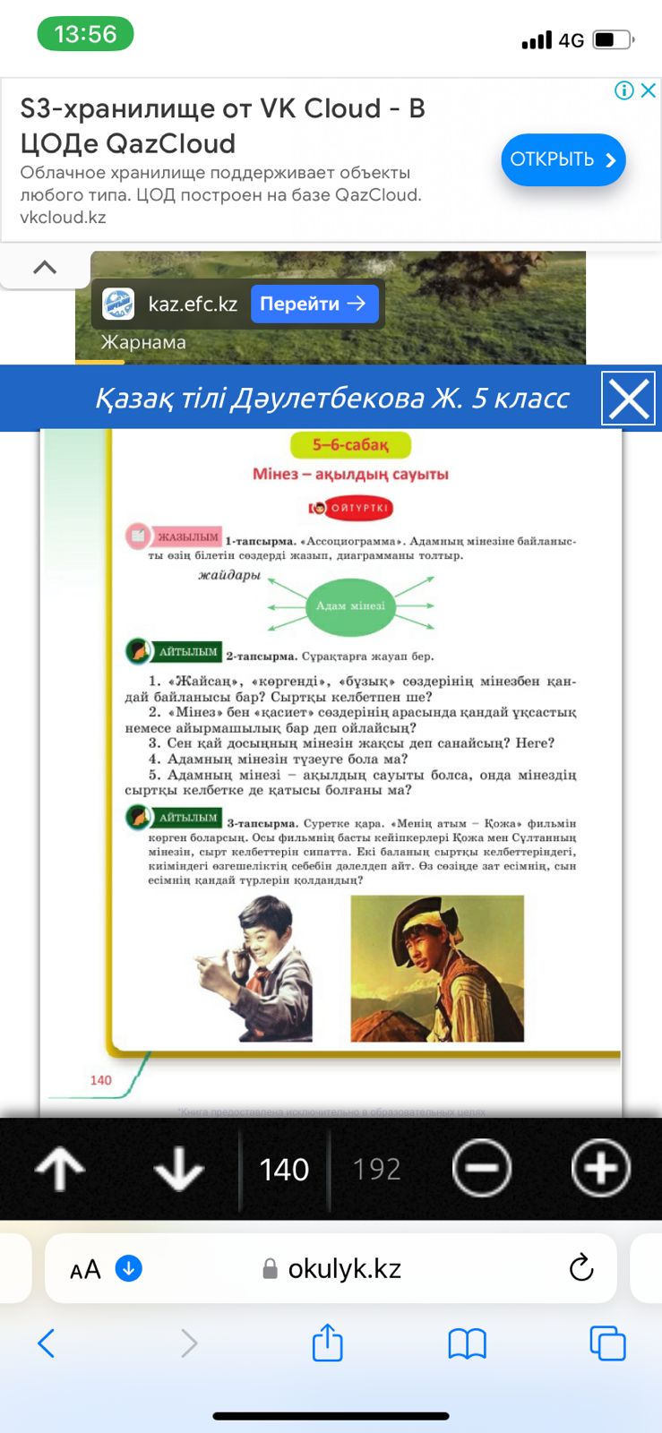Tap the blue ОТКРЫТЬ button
point(563,159)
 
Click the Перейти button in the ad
point(313,304)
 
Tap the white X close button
point(629,399)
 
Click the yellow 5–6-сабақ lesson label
point(350,445)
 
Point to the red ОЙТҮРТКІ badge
point(351,508)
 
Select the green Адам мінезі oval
point(350,605)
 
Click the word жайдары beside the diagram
point(229,575)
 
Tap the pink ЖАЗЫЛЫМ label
point(186,537)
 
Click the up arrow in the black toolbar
point(60,1169)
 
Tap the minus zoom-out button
point(482,1168)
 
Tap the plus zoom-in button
point(600,1168)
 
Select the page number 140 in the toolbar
point(284,1169)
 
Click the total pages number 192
point(376,1169)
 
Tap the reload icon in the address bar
point(581,1267)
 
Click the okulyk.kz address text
point(344,1268)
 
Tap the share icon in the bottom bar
point(327,1343)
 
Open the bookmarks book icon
point(467,1343)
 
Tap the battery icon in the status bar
point(612,39)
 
